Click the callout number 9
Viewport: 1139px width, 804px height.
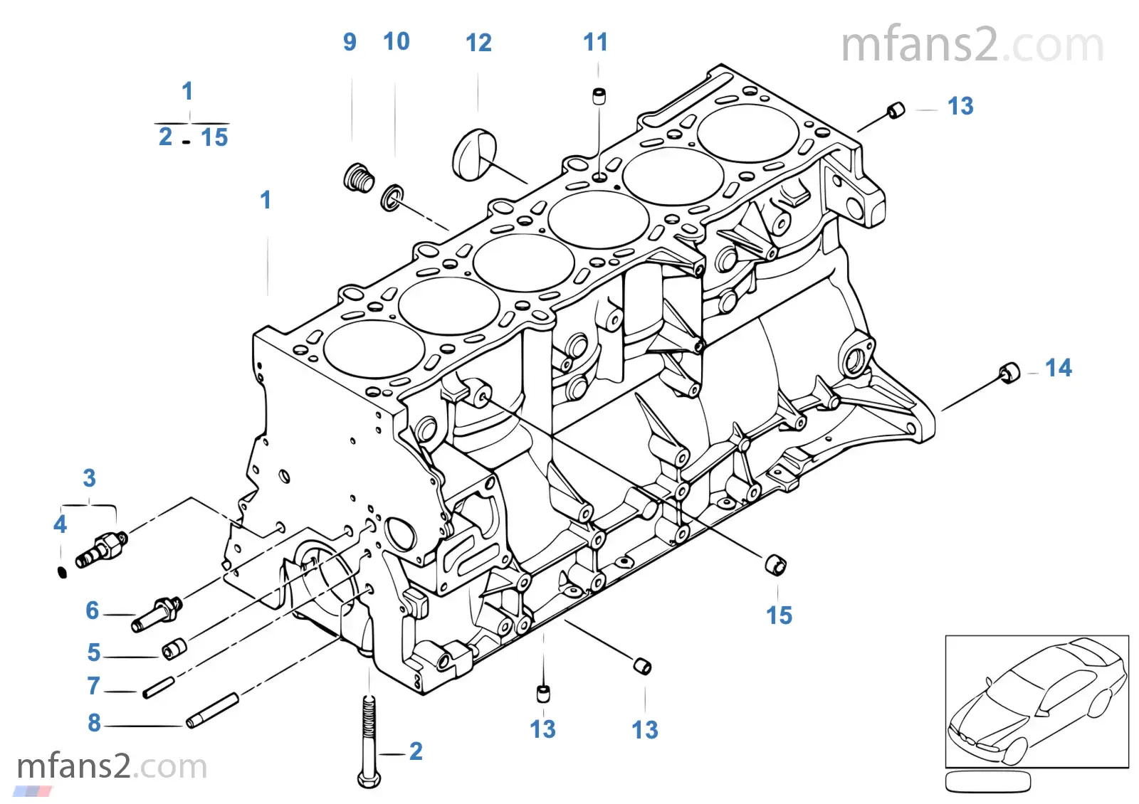pos(350,42)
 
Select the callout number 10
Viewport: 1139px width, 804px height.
pos(397,42)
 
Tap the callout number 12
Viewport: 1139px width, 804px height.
pos(478,43)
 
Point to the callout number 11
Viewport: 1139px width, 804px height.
pos(595,42)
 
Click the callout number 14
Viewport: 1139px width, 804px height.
pos(1058,368)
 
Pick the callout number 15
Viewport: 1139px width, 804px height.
pos(779,615)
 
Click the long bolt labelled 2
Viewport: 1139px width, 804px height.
pos(368,740)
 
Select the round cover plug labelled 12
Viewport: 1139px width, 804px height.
pos(473,153)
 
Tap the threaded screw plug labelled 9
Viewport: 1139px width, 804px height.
pos(358,178)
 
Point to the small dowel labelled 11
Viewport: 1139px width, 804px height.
pos(599,96)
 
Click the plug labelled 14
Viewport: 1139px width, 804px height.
pos(1009,373)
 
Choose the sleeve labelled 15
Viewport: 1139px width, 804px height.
pos(775,564)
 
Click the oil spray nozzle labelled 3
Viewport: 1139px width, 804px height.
pos(103,549)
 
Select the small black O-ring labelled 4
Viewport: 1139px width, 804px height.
pos(62,571)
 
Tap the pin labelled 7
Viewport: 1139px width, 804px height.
pos(158,688)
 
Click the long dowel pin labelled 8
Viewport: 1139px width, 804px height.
pos(212,711)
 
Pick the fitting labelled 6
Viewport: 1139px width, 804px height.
pos(157,613)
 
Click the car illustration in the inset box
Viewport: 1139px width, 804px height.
pos(1036,700)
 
